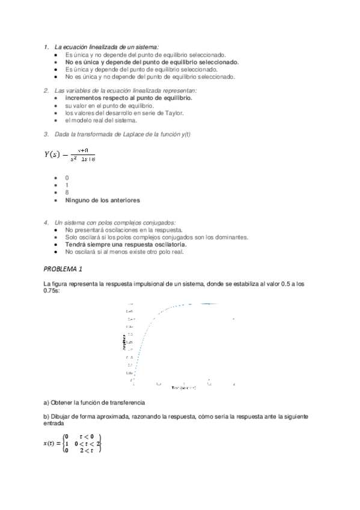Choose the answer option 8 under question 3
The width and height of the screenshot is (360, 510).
point(67,192)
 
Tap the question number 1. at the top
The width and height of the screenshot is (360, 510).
point(46,46)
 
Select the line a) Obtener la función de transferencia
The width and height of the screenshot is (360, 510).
point(94,402)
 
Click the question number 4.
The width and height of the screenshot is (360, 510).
point(46,223)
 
